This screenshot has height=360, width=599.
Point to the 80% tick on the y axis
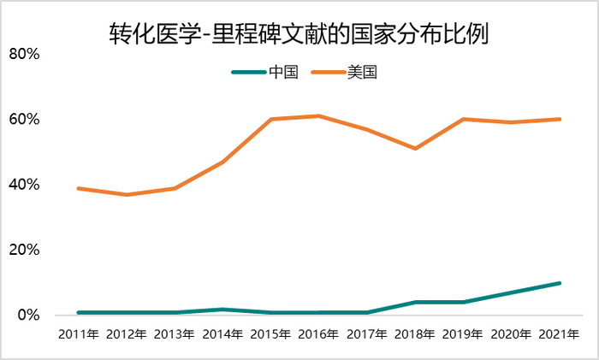pos(25,54)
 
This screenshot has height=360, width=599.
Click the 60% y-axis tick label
pos(25,119)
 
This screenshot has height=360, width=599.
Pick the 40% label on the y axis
pos(25,185)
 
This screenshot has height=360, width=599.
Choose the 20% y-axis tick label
pos(25,250)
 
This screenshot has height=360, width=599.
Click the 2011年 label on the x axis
pos(79,334)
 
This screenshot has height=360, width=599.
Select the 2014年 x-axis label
pos(222,334)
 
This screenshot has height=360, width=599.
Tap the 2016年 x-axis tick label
pos(318,334)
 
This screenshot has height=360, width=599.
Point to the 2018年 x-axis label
pos(415,334)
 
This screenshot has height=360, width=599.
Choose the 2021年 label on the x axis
pos(559,334)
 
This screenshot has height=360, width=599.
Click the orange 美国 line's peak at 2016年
pos(318,115)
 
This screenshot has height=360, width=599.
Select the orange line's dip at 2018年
pos(415,149)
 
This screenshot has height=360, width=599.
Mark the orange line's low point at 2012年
pos(127,195)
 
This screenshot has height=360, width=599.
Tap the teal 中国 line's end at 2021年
pos(559,283)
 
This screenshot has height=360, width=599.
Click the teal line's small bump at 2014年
pos(222,310)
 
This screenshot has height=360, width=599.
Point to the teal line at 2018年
pos(415,302)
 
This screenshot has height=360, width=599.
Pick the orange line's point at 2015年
pos(270,119)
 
